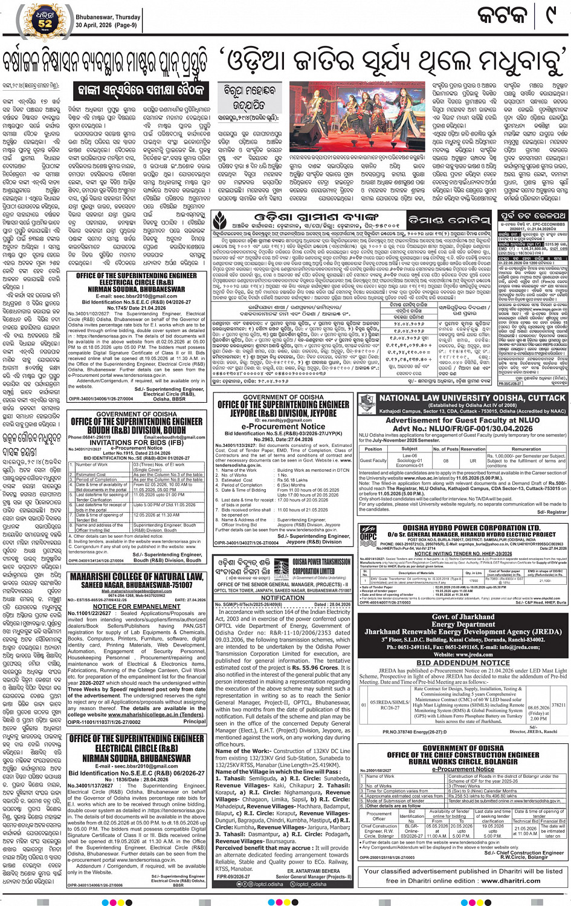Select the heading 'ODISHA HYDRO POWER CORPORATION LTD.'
(463, 527)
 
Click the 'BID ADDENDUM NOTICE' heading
(463, 663)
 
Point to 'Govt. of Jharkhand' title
(463, 617)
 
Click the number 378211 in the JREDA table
(559, 705)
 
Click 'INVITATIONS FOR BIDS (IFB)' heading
(136, 442)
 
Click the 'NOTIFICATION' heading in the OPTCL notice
(283, 598)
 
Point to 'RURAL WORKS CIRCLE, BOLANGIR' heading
(463, 761)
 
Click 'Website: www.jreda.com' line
(463, 654)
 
